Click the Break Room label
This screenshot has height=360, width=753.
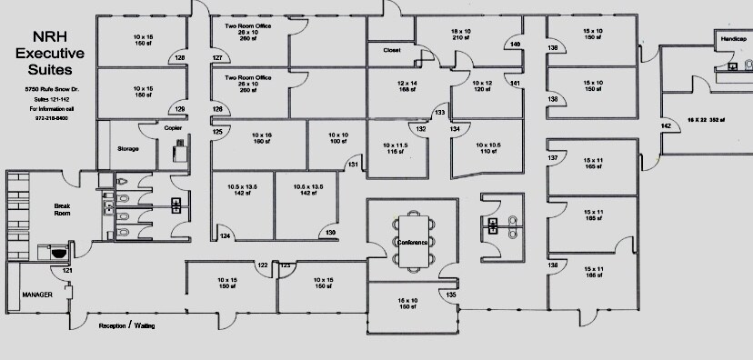[63, 210]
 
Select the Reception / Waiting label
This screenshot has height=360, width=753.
[125, 325]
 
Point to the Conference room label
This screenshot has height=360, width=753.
[413, 242]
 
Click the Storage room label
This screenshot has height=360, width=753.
[127, 148]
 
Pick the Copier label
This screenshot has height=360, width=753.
[173, 128]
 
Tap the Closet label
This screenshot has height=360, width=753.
[392, 50]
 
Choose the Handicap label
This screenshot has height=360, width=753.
[734, 40]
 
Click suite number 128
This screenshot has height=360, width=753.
[179, 57]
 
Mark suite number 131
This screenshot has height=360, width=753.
[354, 165]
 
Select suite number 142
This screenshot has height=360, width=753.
[666, 125]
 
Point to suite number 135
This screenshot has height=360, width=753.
[451, 295]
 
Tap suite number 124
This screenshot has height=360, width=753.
[225, 236]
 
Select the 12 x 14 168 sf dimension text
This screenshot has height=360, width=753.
[406, 86]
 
